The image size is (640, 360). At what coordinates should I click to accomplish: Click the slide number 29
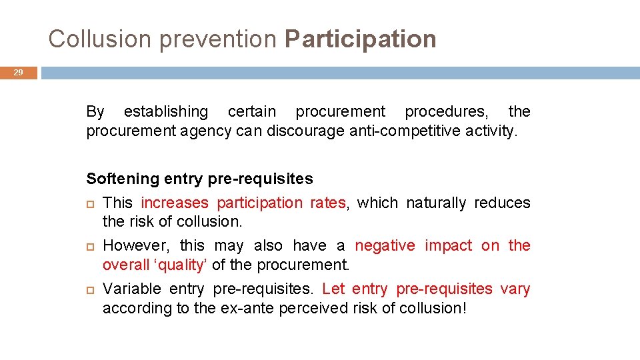click(x=19, y=73)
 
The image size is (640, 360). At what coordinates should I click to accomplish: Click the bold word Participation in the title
click(x=360, y=39)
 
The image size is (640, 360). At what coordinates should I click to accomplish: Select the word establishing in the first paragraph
click(x=166, y=111)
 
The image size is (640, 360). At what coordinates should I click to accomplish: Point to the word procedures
click(x=446, y=111)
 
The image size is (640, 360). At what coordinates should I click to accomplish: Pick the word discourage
click(x=305, y=131)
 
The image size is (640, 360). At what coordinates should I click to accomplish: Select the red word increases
click(x=175, y=203)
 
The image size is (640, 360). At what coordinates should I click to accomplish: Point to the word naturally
click(x=436, y=203)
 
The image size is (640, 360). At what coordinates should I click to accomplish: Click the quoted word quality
click(x=181, y=265)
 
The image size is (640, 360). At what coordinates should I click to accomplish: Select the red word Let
click(x=333, y=289)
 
